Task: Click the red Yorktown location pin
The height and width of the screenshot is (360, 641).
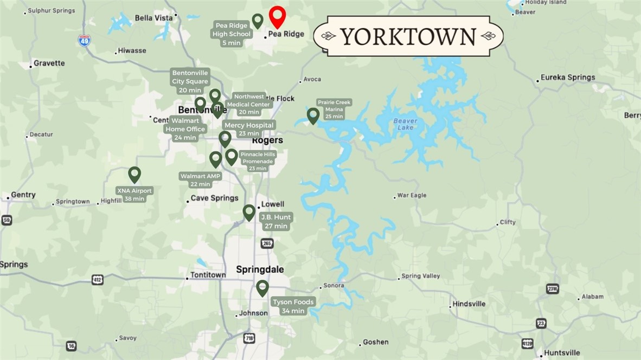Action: point(277,16)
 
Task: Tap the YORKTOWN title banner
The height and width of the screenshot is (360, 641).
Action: point(408,36)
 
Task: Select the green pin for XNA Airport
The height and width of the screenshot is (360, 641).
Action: point(134,175)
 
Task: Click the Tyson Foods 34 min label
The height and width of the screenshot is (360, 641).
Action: point(293,306)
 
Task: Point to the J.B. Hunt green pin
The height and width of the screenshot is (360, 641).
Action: point(249,212)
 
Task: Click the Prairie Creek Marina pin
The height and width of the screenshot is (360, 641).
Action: point(313,115)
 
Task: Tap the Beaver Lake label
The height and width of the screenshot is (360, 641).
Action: point(405,124)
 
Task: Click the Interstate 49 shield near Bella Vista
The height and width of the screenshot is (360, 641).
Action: point(84,41)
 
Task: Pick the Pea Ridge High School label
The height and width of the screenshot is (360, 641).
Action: point(232,34)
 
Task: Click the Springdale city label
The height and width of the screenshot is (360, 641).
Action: point(260,269)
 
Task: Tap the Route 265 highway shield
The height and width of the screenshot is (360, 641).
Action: point(267,243)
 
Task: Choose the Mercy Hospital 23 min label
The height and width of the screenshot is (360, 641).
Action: point(249,129)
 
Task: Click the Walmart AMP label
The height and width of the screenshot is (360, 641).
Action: point(201,180)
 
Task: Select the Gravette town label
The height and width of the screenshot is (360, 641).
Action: point(49,63)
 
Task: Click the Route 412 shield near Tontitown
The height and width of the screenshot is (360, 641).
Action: point(97,280)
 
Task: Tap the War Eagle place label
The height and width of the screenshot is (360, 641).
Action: point(412,195)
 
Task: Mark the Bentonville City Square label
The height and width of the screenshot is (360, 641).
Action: point(190,81)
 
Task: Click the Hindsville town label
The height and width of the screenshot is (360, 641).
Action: point(469,304)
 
